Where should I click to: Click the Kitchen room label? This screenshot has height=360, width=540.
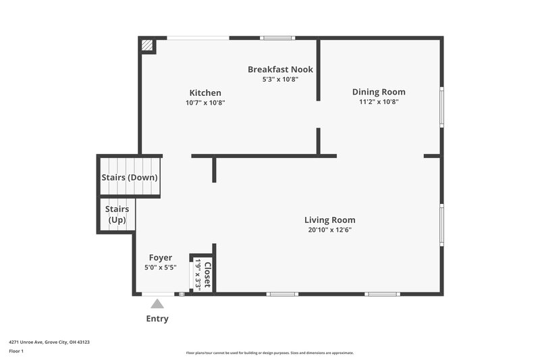(205, 93)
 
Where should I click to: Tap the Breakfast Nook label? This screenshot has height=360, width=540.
(280, 70)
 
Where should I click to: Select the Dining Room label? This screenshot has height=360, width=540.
(379, 92)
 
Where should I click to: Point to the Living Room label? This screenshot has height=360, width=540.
(329, 220)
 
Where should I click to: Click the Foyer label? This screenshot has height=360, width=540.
(161, 258)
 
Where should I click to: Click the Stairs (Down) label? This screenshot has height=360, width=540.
(130, 178)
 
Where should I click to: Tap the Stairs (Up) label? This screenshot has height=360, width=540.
(117, 215)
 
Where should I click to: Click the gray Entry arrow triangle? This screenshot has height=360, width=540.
(157, 304)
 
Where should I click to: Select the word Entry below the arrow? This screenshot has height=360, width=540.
(157, 319)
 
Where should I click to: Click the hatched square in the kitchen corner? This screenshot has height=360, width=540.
(147, 45)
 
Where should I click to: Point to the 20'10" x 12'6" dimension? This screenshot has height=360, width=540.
(329, 230)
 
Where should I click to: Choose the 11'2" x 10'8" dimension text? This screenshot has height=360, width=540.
(379, 102)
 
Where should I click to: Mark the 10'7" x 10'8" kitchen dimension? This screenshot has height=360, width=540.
(205, 103)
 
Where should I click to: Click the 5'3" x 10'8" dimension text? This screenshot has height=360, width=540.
(280, 79)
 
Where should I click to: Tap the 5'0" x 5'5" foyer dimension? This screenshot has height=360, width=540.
(161, 267)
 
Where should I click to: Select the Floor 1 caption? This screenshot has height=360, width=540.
(16, 352)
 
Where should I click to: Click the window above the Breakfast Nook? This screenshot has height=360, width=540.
(278, 38)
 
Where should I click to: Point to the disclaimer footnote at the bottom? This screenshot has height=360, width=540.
(270, 353)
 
